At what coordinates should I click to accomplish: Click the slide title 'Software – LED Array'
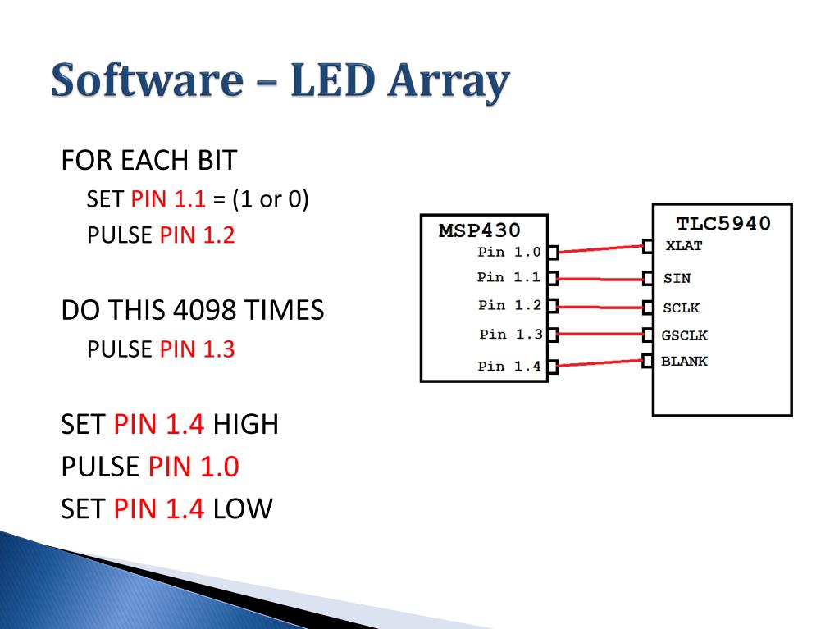pos(280,84)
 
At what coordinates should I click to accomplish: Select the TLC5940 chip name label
pos(723,223)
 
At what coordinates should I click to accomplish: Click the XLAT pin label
pos(684,245)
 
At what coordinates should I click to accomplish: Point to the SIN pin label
pos(677,278)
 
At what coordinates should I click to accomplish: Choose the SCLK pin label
pos(681,308)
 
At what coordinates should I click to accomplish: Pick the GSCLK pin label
pos(684,335)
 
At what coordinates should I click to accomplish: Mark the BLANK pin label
pos(684,361)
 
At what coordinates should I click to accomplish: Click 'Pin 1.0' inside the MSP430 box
pos(508,252)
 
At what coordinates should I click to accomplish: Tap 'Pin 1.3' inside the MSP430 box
pos(510,334)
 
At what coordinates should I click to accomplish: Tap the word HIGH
pos(245,424)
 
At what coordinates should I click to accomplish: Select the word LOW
pos(242,509)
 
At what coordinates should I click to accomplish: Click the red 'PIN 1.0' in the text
pos(194,467)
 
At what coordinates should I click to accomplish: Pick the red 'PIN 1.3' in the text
pos(197,349)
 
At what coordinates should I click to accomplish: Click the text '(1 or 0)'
pos(270,199)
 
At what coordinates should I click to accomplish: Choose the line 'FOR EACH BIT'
pos(148,160)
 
